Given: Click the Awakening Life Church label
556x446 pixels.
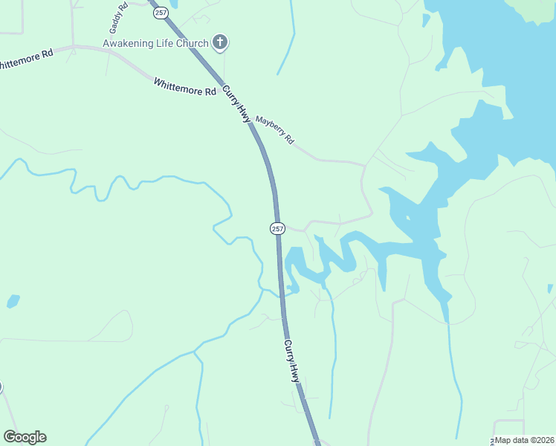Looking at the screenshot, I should (155, 43).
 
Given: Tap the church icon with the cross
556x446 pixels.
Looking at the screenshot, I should (219, 42).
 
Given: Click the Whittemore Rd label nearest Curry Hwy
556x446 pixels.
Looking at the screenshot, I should (184, 85).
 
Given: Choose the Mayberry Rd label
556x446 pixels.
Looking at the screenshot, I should (274, 129).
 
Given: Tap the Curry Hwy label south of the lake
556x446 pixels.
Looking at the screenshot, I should (291, 361).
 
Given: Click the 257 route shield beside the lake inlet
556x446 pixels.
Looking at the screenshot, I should (277, 228).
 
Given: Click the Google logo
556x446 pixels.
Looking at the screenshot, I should (25, 437).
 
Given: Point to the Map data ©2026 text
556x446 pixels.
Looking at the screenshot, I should (525, 440).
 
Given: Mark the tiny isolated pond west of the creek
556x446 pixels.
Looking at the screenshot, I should (13, 301).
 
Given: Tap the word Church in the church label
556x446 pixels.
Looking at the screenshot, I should (192, 43).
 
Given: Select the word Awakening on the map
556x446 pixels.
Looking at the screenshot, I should (127, 43).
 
